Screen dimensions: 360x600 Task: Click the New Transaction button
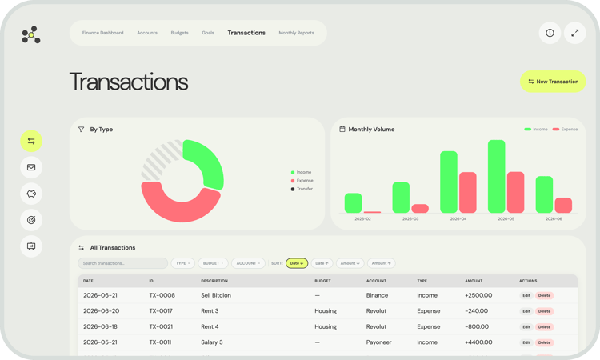553,82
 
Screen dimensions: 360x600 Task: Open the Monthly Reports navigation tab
296,33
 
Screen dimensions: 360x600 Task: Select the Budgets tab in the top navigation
179,33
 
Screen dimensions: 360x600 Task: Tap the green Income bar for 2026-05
496,176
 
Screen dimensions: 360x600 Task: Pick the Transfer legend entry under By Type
304,189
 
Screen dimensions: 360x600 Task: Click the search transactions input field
123,263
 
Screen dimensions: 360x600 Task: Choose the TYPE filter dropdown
182,263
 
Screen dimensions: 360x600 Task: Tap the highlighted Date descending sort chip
297,263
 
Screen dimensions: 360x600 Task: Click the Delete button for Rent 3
544,311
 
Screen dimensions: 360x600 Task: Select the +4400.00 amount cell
478,342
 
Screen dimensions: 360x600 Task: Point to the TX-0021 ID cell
162,326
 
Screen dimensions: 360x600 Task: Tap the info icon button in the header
550,33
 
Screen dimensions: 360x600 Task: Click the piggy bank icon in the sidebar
31,194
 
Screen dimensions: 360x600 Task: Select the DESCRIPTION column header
214,281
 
